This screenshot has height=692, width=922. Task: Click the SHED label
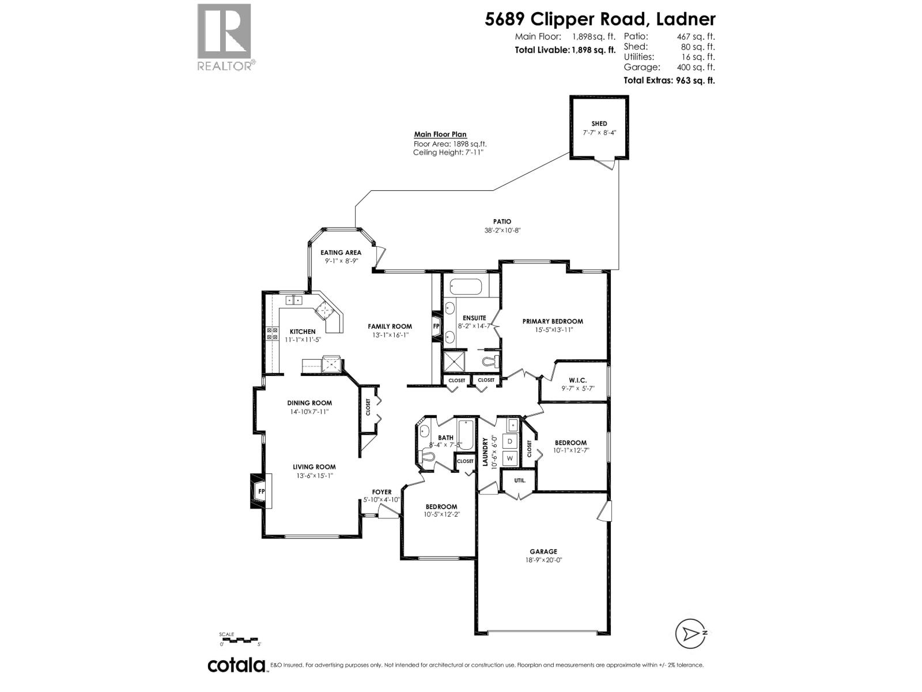point(599,123)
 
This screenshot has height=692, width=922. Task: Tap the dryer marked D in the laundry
point(510,441)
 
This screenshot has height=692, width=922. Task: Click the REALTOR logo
point(225,36)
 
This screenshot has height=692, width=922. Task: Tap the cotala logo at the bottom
point(236,665)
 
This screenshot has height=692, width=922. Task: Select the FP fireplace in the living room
point(260,491)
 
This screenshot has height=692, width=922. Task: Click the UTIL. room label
point(512,479)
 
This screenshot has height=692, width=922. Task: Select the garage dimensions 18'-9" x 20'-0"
point(543,559)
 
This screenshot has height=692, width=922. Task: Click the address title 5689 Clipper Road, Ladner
point(600,19)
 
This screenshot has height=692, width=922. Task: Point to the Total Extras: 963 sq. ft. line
point(669,81)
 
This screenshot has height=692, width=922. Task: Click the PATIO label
point(502,221)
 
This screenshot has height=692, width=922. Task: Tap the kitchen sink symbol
point(294,300)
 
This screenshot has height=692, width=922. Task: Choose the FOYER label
point(381,492)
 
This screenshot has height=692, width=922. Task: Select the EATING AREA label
point(341,253)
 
